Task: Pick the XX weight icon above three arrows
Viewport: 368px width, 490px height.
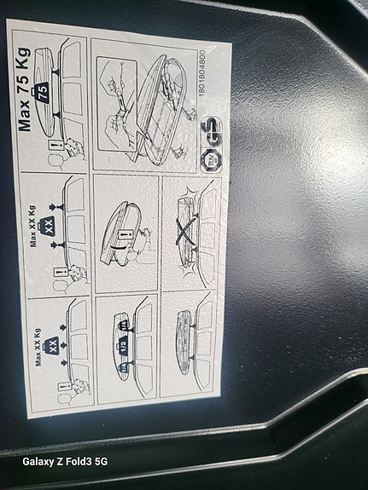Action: [52, 345]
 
